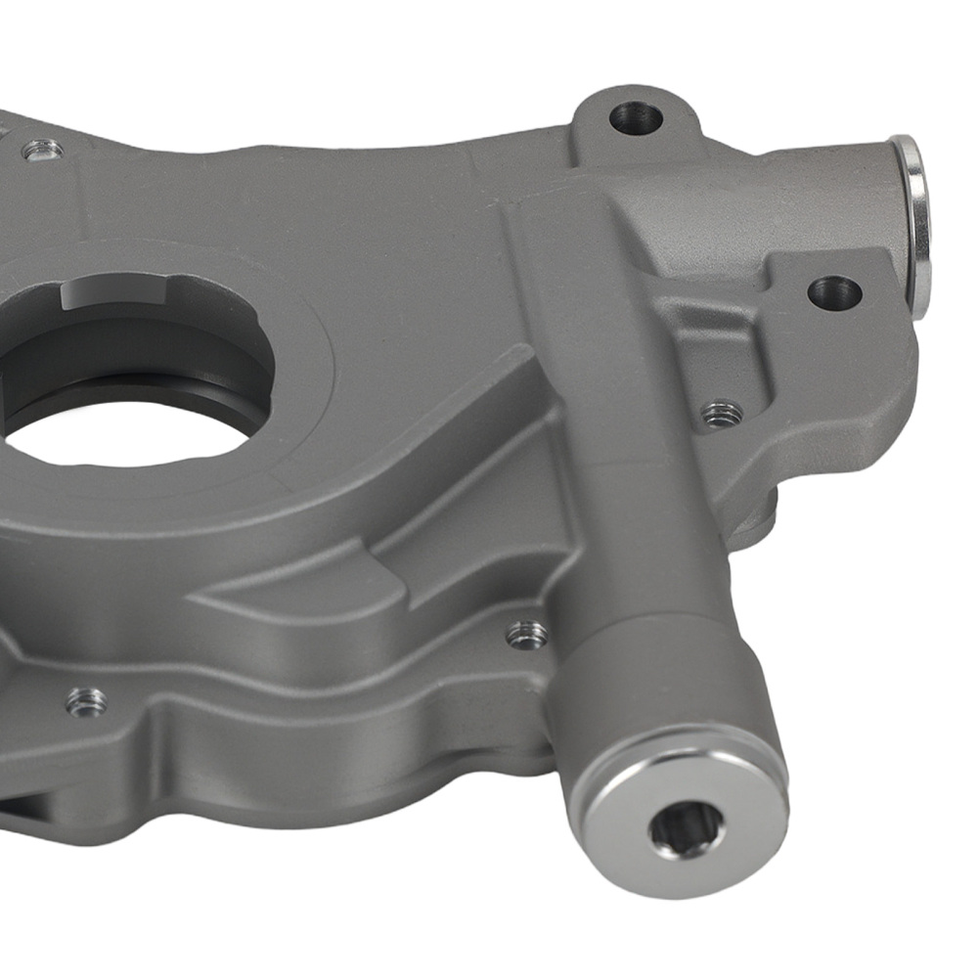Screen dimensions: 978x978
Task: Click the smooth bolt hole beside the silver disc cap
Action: [834, 291]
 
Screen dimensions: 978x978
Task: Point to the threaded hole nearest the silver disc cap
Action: [722, 414]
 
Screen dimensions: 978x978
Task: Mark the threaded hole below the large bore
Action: [86, 700]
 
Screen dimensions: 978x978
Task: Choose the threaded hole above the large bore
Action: [41, 151]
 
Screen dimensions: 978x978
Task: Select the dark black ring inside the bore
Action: [147, 372]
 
